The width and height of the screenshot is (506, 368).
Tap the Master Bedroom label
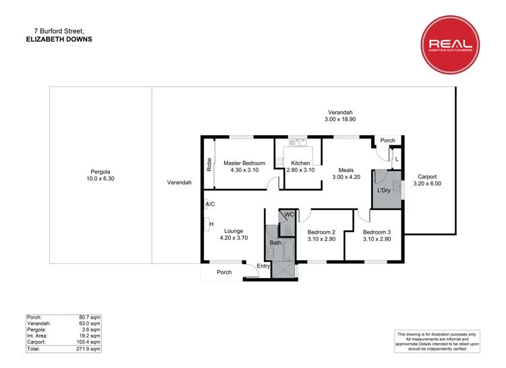click(x=244, y=163)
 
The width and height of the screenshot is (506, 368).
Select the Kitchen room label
click(x=300, y=163)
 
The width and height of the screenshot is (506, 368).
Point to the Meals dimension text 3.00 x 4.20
click(x=347, y=177)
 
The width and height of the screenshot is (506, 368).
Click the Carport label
click(x=426, y=176)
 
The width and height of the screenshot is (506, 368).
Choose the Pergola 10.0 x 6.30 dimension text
click(x=101, y=179)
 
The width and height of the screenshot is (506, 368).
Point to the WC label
click(x=288, y=215)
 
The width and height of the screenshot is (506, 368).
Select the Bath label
click(x=275, y=242)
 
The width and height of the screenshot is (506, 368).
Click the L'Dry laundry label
click(x=384, y=190)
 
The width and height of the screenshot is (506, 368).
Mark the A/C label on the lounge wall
click(x=210, y=204)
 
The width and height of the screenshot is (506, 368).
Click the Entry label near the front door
click(x=264, y=266)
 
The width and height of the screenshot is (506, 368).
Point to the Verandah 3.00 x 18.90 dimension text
click(x=340, y=120)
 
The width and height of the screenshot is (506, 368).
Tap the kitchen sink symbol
click(x=298, y=142)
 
